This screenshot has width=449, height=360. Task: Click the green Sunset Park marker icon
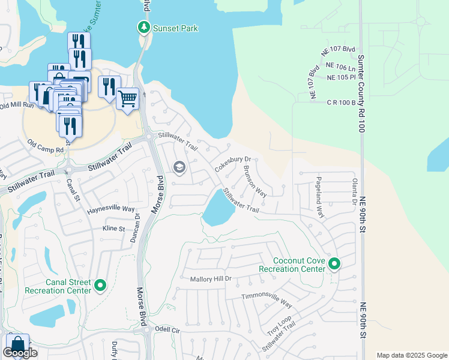tap(143, 28)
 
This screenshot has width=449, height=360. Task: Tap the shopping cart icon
tap(127, 97)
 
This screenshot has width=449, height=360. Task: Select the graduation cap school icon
tap(179, 167)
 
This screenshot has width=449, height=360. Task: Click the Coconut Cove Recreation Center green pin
tap(334, 264)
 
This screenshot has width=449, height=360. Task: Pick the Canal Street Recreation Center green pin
tap(100, 286)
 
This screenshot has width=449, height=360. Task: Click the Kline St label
tap(113, 229)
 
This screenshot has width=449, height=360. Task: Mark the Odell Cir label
tap(167, 329)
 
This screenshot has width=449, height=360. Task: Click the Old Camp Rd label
tap(46, 146)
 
